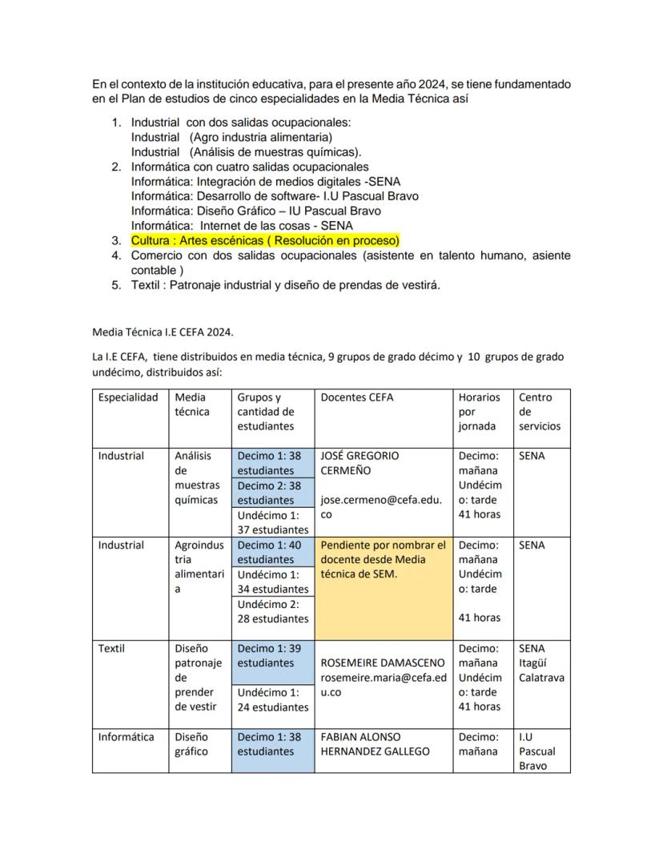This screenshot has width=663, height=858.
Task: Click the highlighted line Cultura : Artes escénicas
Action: pyautogui.click(x=265, y=240)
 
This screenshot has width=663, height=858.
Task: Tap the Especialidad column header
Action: pyautogui.click(x=128, y=397)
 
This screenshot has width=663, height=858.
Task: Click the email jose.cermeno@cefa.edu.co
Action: pyautogui.click(x=380, y=508)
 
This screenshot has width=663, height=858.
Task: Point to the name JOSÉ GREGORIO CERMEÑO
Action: pyautogui.click(x=359, y=463)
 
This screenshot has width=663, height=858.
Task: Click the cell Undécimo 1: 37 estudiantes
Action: pyautogui.click(x=272, y=522)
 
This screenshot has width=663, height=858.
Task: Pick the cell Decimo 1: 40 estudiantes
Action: pyautogui.click(x=272, y=552)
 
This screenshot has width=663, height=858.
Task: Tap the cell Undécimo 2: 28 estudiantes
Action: pyautogui.click(x=272, y=611)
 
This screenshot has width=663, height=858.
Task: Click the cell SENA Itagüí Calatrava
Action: pyautogui.click(x=540, y=663)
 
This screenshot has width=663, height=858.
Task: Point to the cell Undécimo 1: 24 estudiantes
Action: pyautogui.click(x=272, y=699)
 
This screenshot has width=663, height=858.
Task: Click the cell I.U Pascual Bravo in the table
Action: pyautogui.click(x=536, y=751)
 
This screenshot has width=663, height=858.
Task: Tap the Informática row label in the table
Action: pyautogui.click(x=126, y=737)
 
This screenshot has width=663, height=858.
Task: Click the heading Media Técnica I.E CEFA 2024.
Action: pyautogui.click(x=163, y=332)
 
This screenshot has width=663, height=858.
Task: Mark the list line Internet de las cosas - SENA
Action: pyautogui.click(x=242, y=226)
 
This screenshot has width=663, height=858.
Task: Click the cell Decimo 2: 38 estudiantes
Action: pyautogui.click(x=272, y=493)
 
